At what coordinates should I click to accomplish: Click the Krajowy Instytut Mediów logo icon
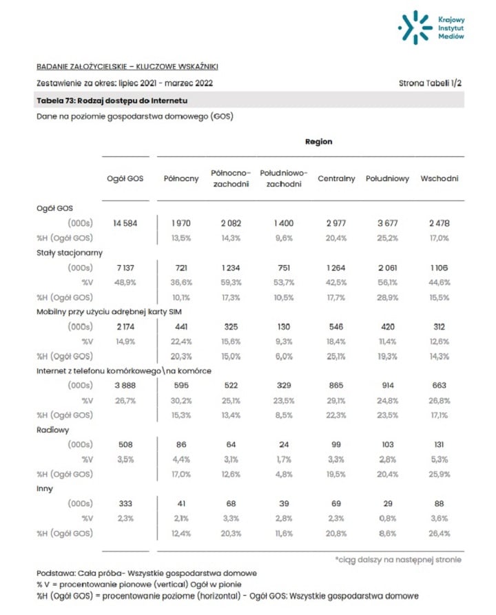click(x=415, y=28)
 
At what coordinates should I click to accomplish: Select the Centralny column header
click(x=336, y=179)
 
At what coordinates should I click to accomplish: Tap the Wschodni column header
click(x=440, y=179)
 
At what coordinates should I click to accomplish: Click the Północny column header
click(x=181, y=179)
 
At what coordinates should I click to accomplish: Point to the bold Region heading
click(x=318, y=141)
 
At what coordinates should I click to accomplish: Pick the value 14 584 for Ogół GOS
click(x=125, y=223)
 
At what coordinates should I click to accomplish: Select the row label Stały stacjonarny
click(x=70, y=253)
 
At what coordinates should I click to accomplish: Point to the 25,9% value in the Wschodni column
click(x=440, y=474)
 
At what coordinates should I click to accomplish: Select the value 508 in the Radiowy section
click(x=125, y=444)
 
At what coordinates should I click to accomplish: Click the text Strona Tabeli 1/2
click(x=430, y=83)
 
